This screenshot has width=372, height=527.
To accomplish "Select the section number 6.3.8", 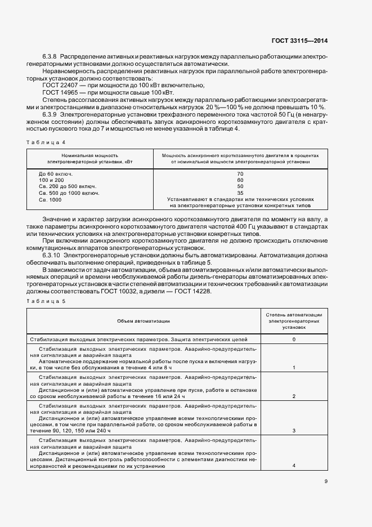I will coord(50,57).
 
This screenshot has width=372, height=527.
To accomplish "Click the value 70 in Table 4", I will coord(240,174).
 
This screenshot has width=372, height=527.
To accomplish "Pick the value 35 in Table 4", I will coord(240,193).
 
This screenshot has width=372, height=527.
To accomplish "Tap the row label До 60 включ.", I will coord(56,174).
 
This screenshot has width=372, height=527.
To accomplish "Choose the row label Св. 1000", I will coord(50,199).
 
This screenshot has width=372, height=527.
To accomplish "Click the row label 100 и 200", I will coord(51,180).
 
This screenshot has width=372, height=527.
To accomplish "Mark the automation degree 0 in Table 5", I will coord(294,340).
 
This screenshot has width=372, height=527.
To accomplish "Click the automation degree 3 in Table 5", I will coord(294,431).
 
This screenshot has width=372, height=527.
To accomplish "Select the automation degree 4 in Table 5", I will coord(294,466).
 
